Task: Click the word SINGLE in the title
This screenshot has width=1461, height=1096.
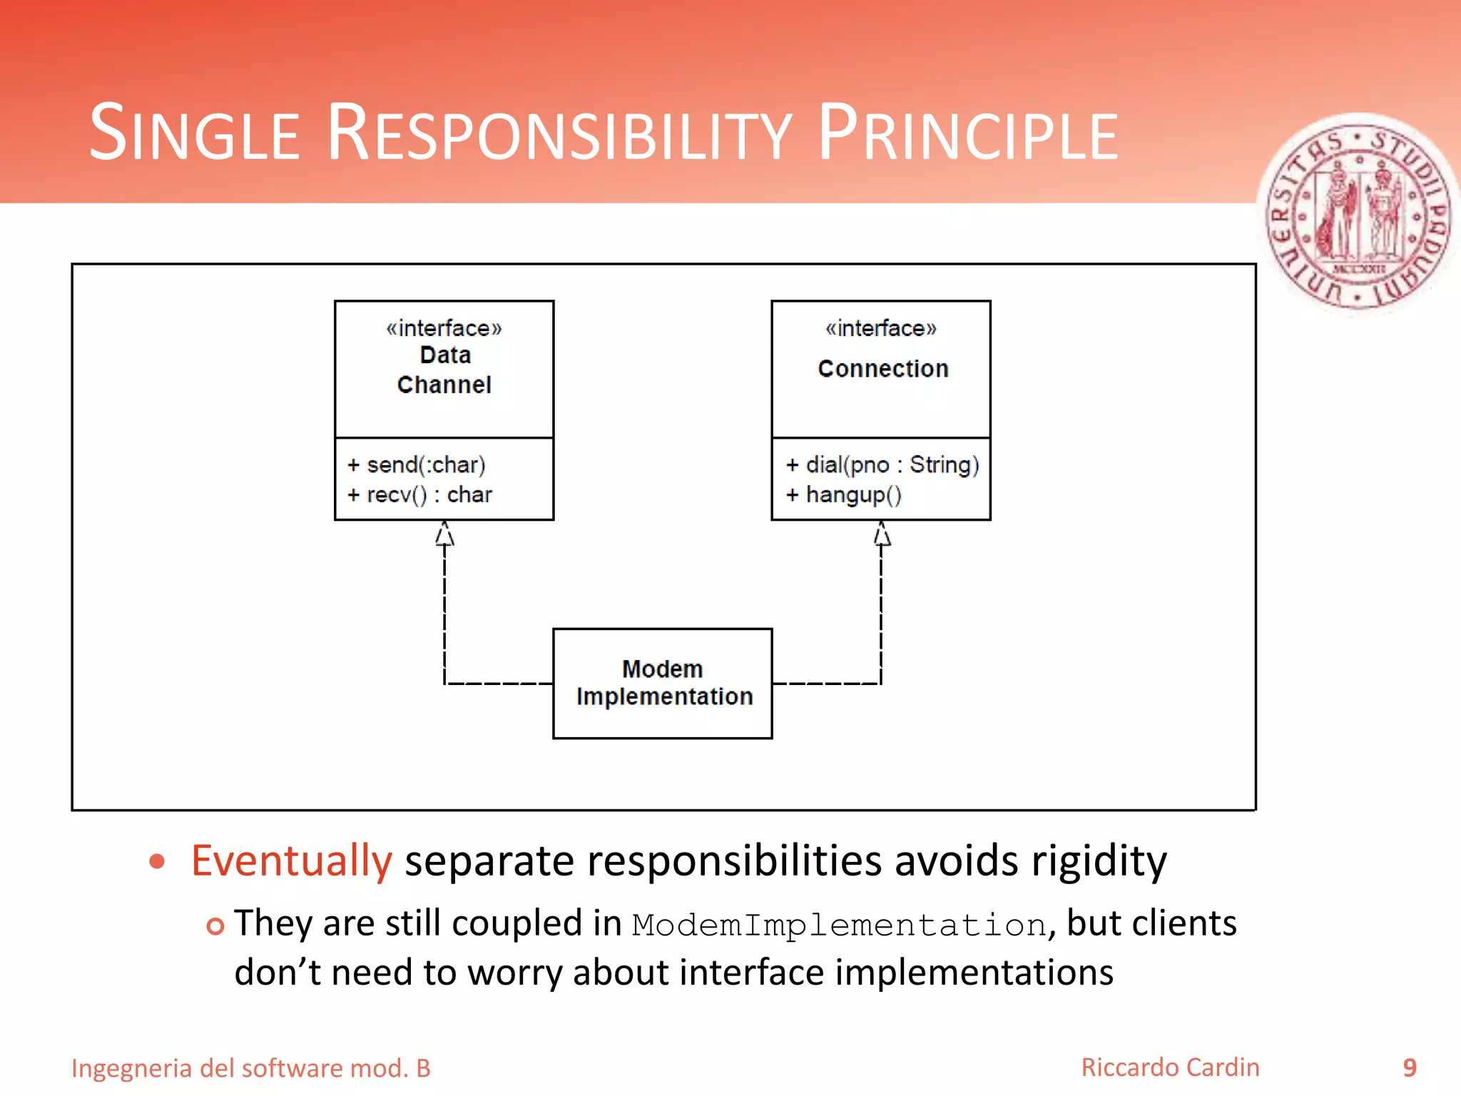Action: coord(194,134)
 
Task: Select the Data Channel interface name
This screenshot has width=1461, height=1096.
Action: coord(444,370)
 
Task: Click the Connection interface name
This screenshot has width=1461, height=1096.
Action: coord(882,369)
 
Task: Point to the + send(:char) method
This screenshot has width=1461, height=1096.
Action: coord(416,465)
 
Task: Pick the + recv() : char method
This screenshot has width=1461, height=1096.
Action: coord(419,494)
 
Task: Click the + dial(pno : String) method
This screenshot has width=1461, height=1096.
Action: coord(882,465)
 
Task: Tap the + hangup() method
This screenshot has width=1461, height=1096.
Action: coord(844,494)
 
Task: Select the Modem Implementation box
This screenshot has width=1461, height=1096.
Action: coord(663,683)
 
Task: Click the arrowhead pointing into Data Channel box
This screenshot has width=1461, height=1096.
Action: coord(444,533)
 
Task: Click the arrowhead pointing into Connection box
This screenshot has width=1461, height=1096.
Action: coord(882,533)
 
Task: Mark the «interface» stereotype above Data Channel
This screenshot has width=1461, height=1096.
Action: coord(444,328)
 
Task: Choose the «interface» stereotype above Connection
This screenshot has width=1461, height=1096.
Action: coord(881,328)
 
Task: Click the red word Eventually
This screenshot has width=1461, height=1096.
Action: coord(291,861)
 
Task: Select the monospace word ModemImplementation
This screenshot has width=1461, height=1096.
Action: coord(839,925)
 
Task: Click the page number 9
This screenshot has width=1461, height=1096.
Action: coord(1409,1067)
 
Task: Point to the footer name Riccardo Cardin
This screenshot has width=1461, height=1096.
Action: coord(1170,1067)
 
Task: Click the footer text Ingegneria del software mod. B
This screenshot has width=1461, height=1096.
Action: coord(251,1068)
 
